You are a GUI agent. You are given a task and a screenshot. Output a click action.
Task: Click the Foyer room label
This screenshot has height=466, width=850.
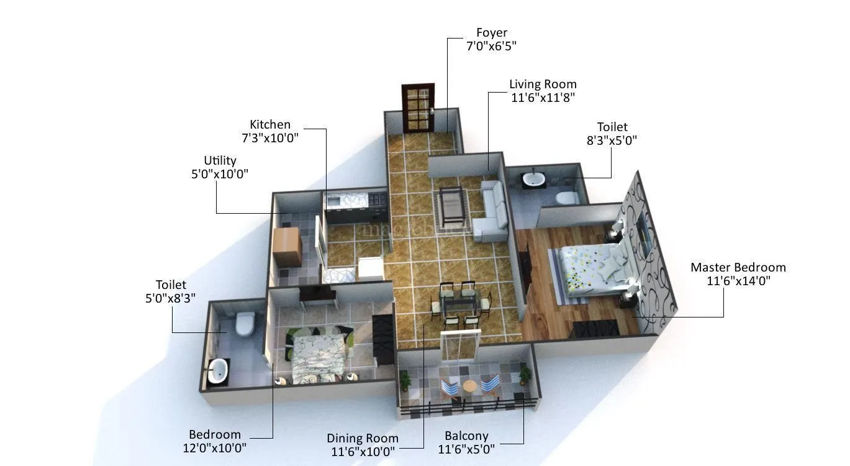(x=492, y=32)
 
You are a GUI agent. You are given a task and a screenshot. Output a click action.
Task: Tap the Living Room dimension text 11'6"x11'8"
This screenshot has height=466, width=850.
(x=543, y=97)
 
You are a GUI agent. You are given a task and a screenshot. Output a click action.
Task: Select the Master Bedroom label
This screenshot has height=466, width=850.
(x=738, y=267)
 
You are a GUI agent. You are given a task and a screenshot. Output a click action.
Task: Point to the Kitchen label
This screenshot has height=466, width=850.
(x=270, y=124)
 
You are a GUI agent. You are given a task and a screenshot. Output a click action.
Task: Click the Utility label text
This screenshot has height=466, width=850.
(x=220, y=160)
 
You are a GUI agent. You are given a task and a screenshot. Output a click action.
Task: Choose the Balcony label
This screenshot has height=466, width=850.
(x=466, y=436)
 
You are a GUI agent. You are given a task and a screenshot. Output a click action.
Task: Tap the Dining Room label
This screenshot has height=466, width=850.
(x=363, y=438)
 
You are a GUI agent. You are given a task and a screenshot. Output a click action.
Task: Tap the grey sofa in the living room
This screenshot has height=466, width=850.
(x=492, y=211)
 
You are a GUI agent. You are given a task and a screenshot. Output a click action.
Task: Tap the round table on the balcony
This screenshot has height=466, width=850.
(x=471, y=386)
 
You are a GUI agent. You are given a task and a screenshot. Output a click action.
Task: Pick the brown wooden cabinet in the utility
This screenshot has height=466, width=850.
(x=287, y=247)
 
